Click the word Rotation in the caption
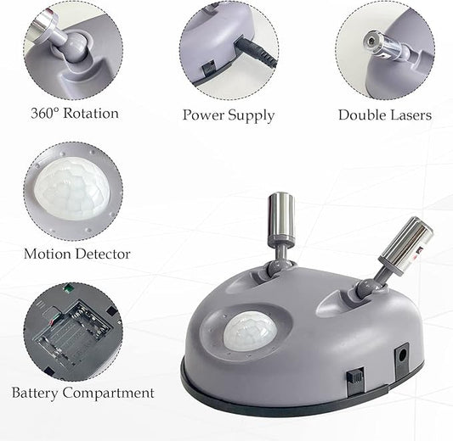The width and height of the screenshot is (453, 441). (91, 114)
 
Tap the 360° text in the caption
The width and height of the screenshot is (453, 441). (45, 114)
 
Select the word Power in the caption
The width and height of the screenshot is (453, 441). (203, 114)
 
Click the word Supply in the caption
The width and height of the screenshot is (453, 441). (251, 116)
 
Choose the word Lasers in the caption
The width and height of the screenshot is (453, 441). (411, 114)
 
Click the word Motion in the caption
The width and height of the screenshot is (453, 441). (48, 254)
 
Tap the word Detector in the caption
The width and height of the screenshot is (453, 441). (103, 254)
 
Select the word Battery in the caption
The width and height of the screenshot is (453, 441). (35, 394)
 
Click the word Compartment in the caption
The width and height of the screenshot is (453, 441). (108, 394)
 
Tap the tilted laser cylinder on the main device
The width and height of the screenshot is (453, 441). (407, 245)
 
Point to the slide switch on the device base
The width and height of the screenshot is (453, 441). (355, 380)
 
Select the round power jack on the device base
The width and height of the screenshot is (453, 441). (402, 356)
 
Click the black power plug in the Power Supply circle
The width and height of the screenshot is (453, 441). (256, 51)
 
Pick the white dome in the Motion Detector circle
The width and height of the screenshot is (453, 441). (72, 189)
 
